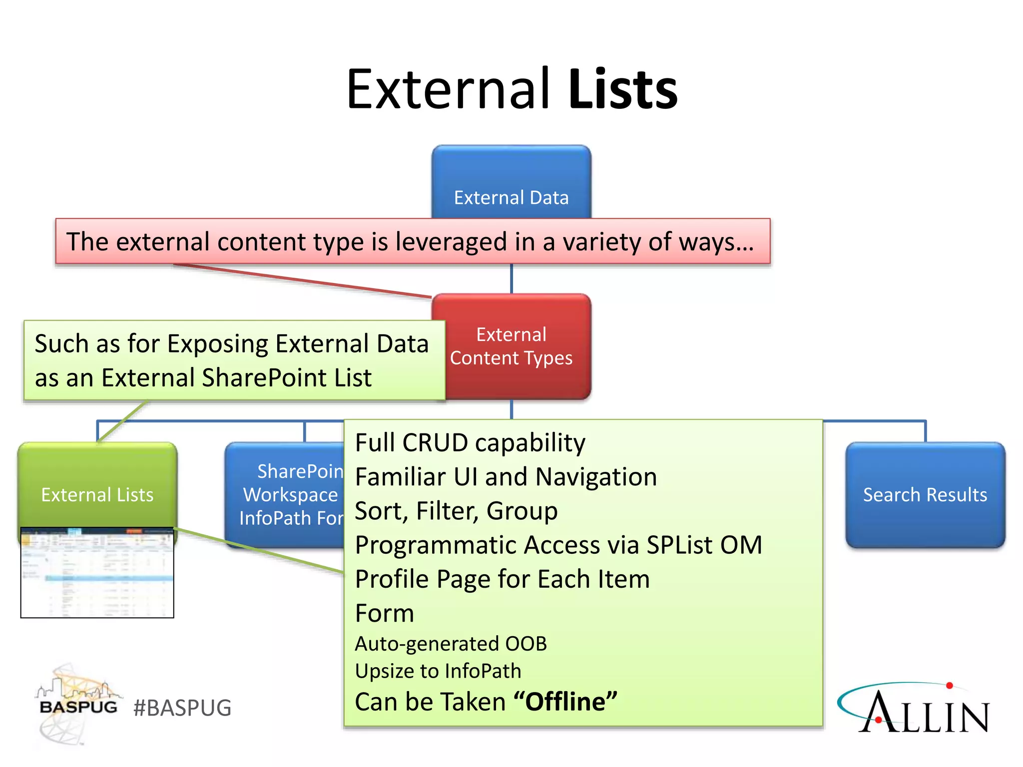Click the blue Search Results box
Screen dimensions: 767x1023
pyautogui.click(x=925, y=494)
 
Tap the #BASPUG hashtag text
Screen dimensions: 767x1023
pyautogui.click(x=182, y=708)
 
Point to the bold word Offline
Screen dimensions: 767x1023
pyautogui.click(x=565, y=702)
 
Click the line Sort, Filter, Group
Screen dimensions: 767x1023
pyautogui.click(x=456, y=511)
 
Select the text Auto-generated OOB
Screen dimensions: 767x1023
pyautogui.click(x=451, y=644)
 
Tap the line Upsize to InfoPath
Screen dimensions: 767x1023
pyautogui.click(x=438, y=671)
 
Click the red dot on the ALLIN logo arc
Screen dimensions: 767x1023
pyautogui.click(x=950, y=686)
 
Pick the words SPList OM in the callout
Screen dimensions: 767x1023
pyautogui.click(x=704, y=545)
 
